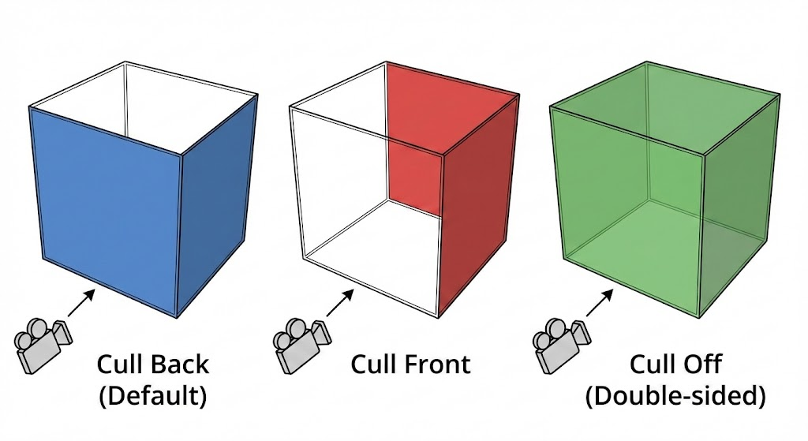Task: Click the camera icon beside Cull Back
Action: pyautogui.click(x=42, y=342)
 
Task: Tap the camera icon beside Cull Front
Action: pyautogui.click(x=298, y=342)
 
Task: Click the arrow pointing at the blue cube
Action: pyautogui.click(x=82, y=301)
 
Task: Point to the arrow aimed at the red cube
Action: pyautogui.click(x=339, y=301)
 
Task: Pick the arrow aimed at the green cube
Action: pyautogui.click(x=600, y=301)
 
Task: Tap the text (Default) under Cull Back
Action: pyautogui.click(x=153, y=395)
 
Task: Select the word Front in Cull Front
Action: pyautogui.click(x=434, y=364)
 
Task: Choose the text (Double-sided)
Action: pyautogui.click(x=675, y=395)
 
